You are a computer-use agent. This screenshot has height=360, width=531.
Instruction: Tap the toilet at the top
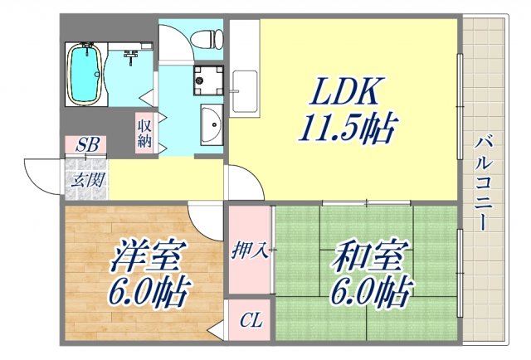tap(204, 37)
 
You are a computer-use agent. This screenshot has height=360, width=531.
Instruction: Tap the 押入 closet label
tap(250, 251)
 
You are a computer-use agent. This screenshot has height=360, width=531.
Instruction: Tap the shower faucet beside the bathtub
tap(130, 56)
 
